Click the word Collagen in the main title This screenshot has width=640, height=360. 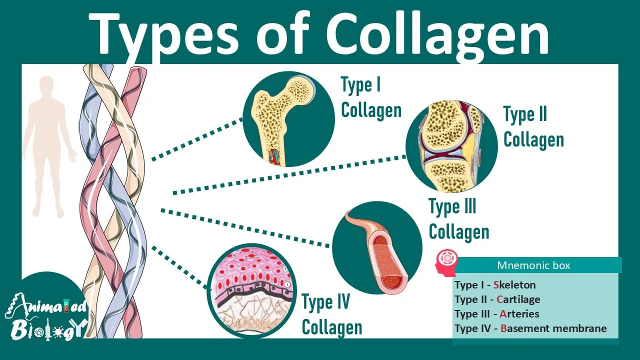tap(438, 34)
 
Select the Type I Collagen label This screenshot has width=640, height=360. tap(370, 97)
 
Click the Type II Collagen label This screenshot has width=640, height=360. tap(533, 127)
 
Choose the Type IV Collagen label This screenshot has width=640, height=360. tap(331, 315)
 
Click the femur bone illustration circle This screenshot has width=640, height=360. tap(288, 119)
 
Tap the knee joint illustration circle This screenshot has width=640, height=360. tap(451, 146)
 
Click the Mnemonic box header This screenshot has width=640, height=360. tap(533, 265)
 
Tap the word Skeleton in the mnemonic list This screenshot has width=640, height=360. tap(514, 285)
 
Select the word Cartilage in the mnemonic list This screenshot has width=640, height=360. tap(518, 299)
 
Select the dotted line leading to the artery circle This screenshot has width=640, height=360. tap(245, 227)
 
